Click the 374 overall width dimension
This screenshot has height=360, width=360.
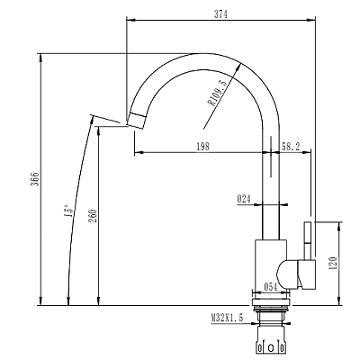(x=220, y=13)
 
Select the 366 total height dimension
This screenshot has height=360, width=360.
(x=35, y=179)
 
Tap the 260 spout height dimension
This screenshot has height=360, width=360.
(x=94, y=216)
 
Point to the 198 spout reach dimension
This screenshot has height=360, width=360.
(x=202, y=147)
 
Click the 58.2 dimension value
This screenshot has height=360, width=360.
(x=291, y=147)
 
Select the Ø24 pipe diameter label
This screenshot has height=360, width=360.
(x=244, y=199)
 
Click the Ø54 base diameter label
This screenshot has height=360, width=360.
(x=270, y=287)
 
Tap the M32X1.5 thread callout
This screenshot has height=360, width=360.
(x=227, y=318)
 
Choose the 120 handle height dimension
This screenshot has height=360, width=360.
(x=333, y=263)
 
